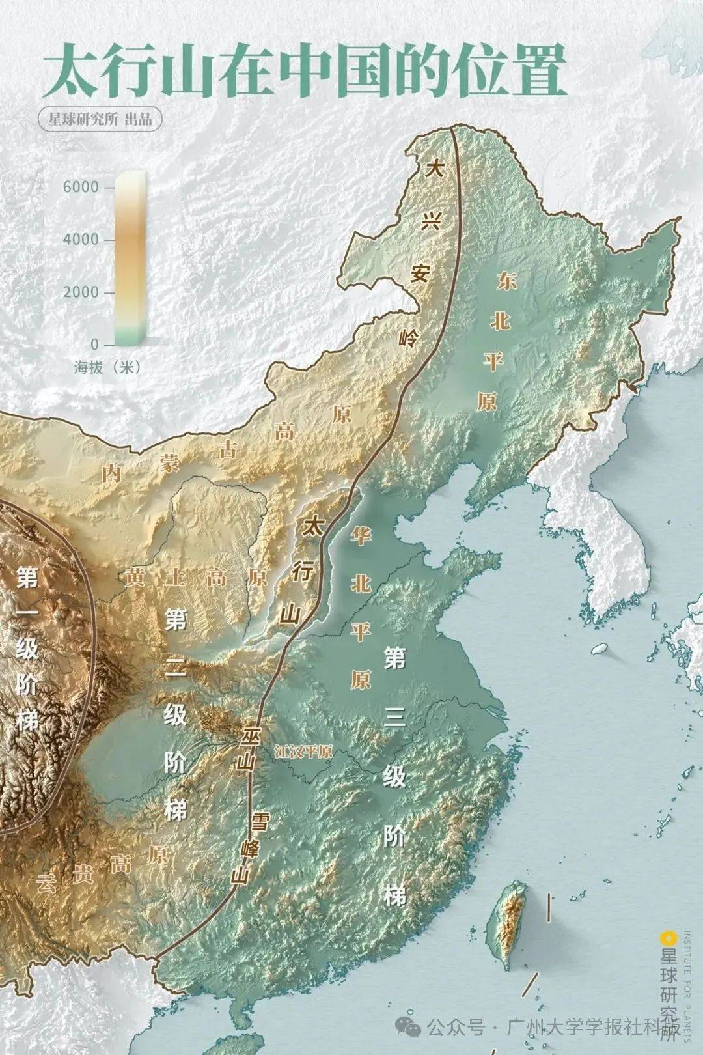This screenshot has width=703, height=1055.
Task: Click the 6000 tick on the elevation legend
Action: click(81, 188)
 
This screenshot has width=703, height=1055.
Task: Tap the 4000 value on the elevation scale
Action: click(81, 240)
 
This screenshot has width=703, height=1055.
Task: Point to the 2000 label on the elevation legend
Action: click(81, 292)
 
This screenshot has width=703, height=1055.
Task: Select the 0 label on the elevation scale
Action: click(95, 344)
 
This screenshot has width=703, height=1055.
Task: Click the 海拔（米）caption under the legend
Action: click(107, 367)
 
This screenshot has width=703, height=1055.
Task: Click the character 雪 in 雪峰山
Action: click(260, 820)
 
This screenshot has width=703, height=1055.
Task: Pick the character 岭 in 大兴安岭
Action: click(409, 338)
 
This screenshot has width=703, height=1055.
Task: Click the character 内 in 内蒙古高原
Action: click(112, 473)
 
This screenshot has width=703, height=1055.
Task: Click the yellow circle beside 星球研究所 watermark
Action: click(665, 938)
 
